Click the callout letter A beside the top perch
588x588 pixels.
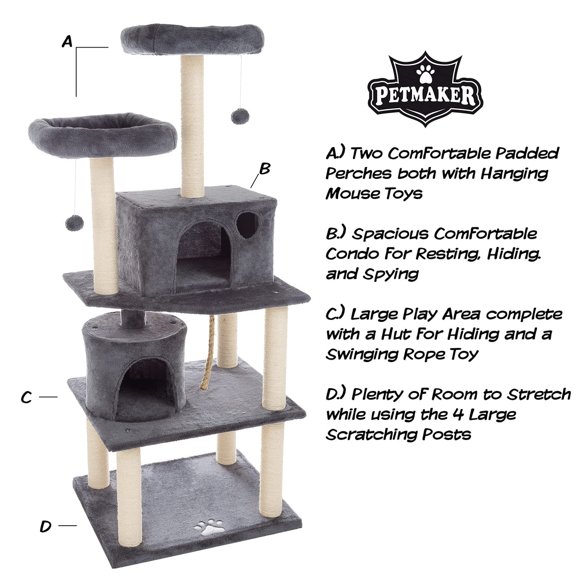pos(67,42)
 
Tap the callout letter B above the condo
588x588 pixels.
pos(265,168)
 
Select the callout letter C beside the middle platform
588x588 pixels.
pos(26,397)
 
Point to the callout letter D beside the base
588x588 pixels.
pos(46,526)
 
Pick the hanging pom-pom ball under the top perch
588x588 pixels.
pos(240,116)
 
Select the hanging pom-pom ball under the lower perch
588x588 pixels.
pos(74,223)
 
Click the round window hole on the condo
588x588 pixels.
pos(246,225)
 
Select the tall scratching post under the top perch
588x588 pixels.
pos(192,126)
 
